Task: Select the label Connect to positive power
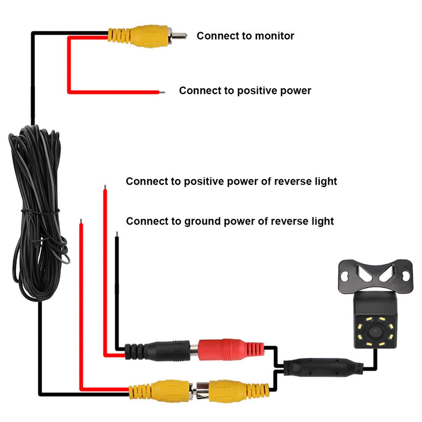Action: coord(245,91)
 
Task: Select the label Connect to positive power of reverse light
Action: coord(231,181)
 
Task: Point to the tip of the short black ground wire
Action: coord(116,233)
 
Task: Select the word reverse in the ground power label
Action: coord(287,221)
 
